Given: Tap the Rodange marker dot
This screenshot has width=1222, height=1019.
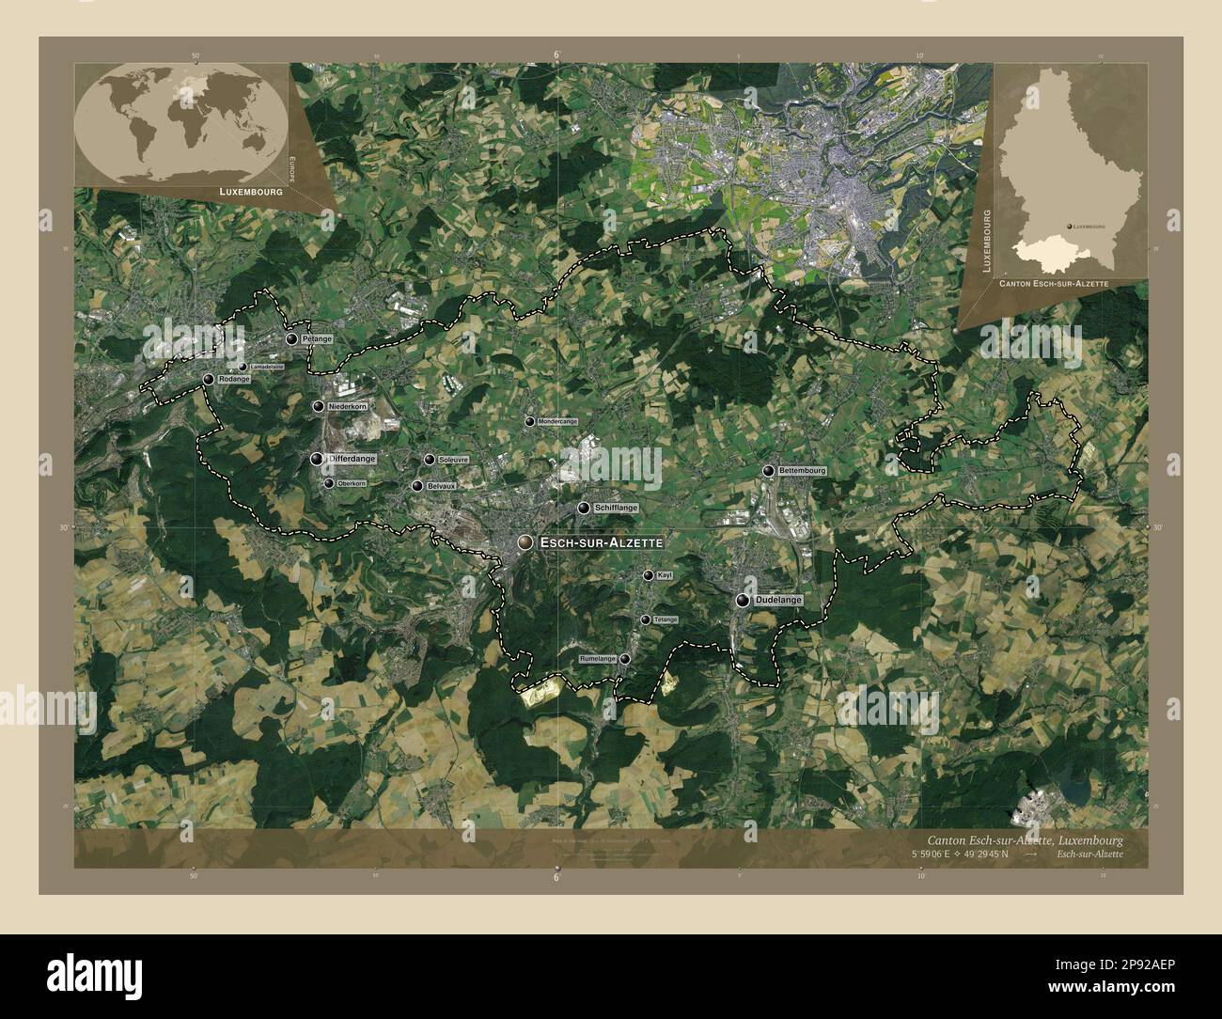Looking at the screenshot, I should point(209,379).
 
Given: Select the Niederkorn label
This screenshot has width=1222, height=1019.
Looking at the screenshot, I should point(348,406).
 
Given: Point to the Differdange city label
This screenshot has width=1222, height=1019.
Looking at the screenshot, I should point(352,459).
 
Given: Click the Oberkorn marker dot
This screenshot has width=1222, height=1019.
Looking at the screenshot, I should point(328,483).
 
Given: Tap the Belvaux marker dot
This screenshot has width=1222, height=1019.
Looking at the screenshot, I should point(417,486).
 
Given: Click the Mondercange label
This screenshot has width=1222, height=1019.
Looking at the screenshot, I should point(557,422).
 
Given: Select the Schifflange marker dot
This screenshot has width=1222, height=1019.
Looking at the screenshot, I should point(584,508).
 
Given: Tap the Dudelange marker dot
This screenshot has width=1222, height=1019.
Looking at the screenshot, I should point(744,600).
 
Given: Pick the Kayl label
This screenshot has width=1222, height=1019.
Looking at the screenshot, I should point(665,575).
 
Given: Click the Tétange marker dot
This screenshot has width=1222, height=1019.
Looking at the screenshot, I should point(645,619).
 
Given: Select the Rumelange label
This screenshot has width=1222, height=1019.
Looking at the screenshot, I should point(599,659).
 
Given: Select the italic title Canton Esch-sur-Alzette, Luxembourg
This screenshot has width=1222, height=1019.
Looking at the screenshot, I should point(1025,839).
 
